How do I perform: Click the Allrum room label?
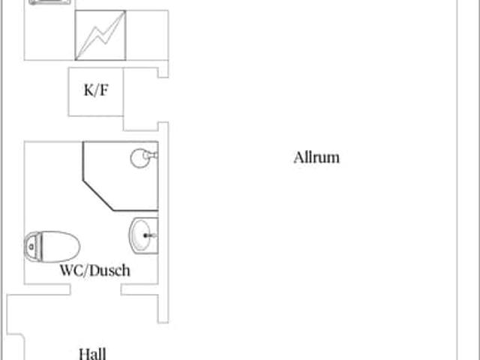click(316, 157)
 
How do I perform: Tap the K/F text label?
click(95, 91)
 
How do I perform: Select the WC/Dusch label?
click(94, 270)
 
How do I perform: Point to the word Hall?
click(92, 353)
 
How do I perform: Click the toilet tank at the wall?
click(31, 244)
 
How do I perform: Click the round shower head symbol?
click(140, 157)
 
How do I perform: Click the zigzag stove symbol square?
click(100, 34)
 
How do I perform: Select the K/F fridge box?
click(95, 91)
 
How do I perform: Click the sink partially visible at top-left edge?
click(51, 2)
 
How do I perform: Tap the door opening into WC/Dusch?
click(96, 289)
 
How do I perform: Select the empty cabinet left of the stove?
click(49, 34)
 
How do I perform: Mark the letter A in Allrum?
click(298, 157)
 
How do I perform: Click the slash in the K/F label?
click(95, 91)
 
